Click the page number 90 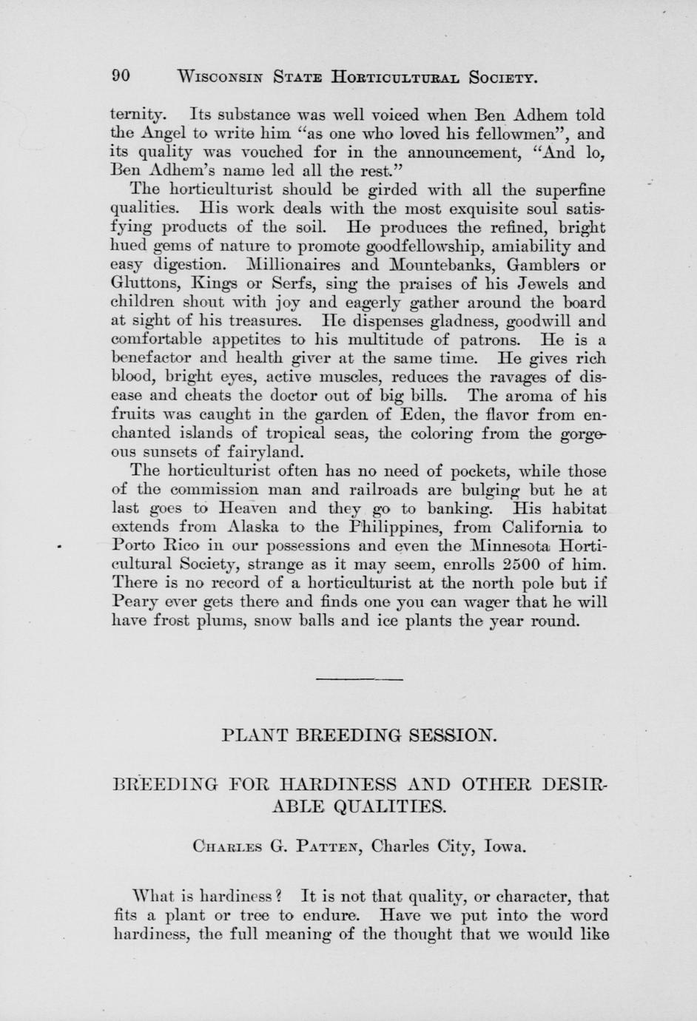click(121, 76)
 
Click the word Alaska click(253, 527)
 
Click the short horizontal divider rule click(360, 678)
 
